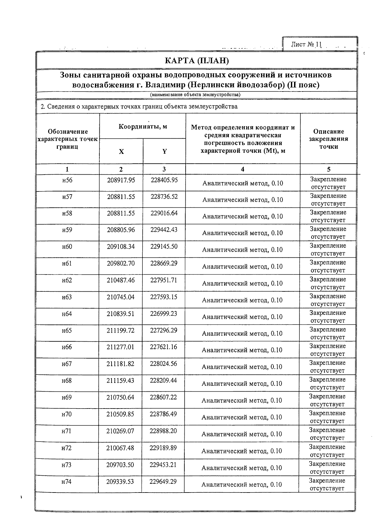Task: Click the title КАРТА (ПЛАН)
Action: (x=197, y=61)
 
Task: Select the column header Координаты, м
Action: (x=143, y=126)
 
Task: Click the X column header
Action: (x=121, y=152)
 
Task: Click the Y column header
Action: (x=164, y=152)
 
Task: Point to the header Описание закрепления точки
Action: (x=328, y=139)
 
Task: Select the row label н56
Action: (x=67, y=180)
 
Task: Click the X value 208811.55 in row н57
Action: (x=121, y=197)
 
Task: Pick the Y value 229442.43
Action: (x=164, y=230)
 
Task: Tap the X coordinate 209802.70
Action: (x=121, y=263)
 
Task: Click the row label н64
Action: (x=67, y=314)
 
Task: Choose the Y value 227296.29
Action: (x=163, y=330)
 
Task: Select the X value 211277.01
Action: (x=120, y=347)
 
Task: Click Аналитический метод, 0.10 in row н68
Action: (x=242, y=384)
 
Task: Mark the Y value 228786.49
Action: (x=163, y=414)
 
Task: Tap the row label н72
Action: (x=67, y=448)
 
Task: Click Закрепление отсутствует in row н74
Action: (x=327, y=484)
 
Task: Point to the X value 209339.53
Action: (x=120, y=482)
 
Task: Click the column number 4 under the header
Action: (x=242, y=169)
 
